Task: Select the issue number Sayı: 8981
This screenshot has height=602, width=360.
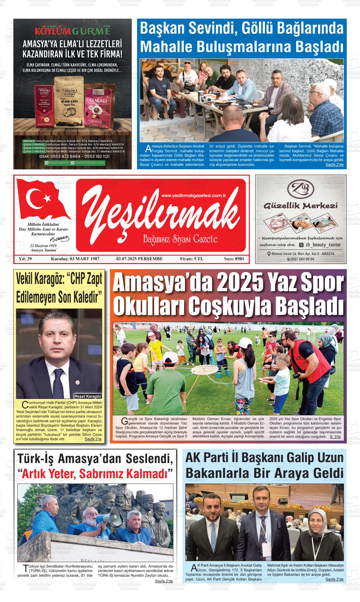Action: coord(234,259)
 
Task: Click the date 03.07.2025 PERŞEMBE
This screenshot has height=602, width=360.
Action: coord(140,259)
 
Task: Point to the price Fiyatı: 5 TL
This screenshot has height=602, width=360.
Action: coord(191,259)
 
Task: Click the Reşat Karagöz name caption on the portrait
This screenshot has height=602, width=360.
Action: coord(88,396)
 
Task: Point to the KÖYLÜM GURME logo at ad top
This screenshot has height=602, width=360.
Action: coord(72,32)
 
